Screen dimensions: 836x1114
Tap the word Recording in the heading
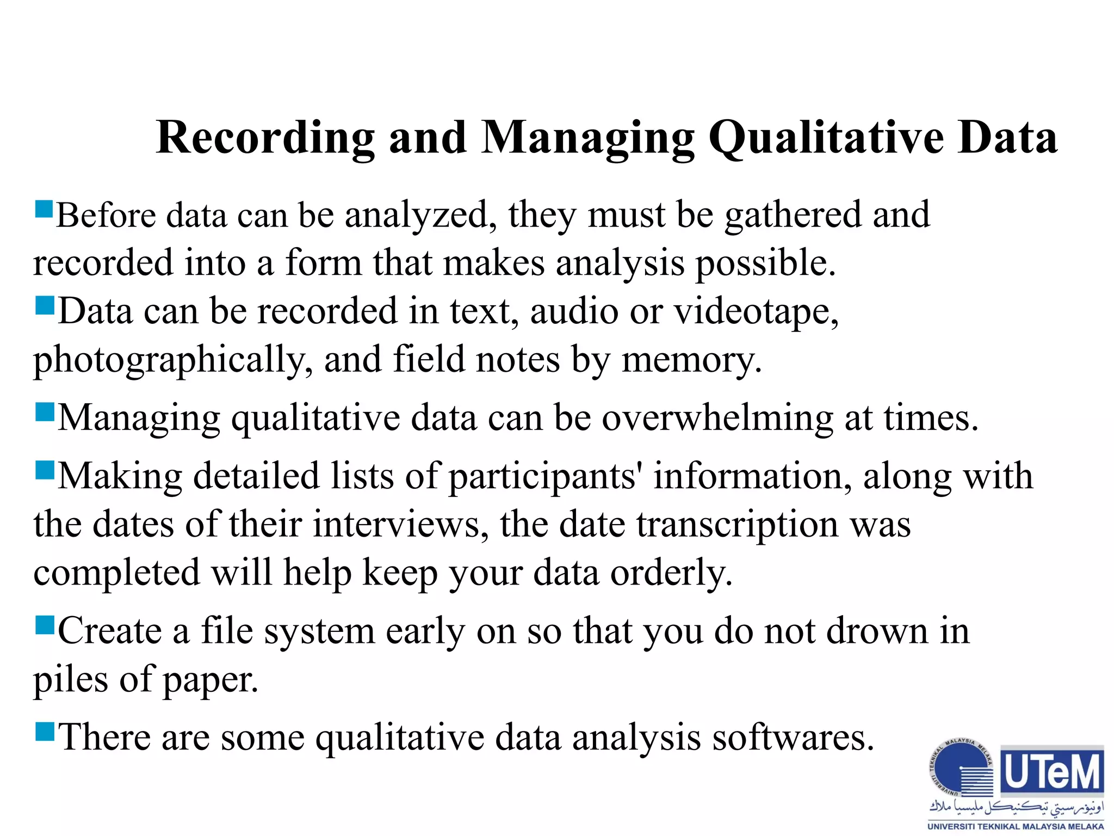tap(265, 138)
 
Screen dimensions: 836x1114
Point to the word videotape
tap(756, 312)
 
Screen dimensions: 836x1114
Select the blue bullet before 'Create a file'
tap(45, 625)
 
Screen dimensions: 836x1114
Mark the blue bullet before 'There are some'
tap(45, 731)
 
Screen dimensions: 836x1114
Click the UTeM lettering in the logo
tap(1053, 772)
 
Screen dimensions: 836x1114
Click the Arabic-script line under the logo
tap(1016, 807)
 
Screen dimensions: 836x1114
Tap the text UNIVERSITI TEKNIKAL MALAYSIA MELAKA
tap(1016, 827)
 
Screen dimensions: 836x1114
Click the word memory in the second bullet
tap(691, 360)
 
